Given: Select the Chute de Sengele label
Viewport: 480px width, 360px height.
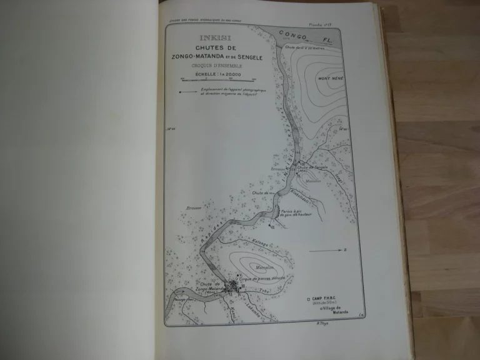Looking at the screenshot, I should tap(313, 168).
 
